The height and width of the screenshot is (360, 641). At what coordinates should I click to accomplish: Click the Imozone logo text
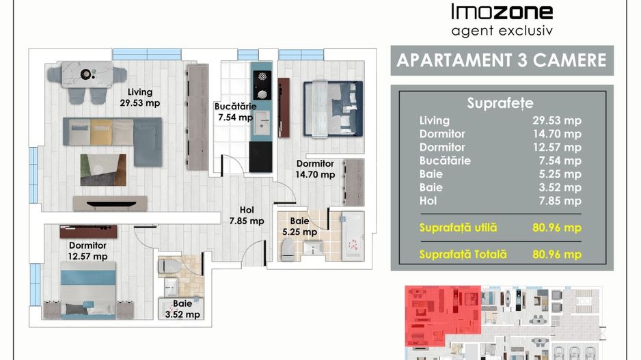502,12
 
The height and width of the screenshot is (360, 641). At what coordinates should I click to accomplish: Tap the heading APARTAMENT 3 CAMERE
502,61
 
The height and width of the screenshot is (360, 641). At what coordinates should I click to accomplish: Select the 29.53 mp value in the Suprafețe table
557,120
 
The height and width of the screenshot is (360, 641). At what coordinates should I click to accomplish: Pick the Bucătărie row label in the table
445,161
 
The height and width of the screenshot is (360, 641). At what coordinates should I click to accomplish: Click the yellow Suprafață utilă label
459,227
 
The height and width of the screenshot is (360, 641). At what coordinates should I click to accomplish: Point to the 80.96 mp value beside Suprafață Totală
557,255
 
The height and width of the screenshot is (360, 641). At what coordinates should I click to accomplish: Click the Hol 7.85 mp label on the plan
247,215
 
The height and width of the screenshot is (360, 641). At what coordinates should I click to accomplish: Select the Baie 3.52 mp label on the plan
182,309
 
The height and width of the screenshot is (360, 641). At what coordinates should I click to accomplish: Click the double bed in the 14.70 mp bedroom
333,109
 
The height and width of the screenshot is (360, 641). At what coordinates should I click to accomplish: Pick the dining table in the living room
87,74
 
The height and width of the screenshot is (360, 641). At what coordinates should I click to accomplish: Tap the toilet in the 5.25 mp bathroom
288,249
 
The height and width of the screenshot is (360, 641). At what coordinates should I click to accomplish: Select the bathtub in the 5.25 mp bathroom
353,236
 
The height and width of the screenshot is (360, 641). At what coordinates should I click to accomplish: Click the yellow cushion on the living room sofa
101,132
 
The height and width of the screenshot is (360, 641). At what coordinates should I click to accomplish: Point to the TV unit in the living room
110,204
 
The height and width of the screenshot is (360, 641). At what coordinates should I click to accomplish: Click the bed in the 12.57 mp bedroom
88,290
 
